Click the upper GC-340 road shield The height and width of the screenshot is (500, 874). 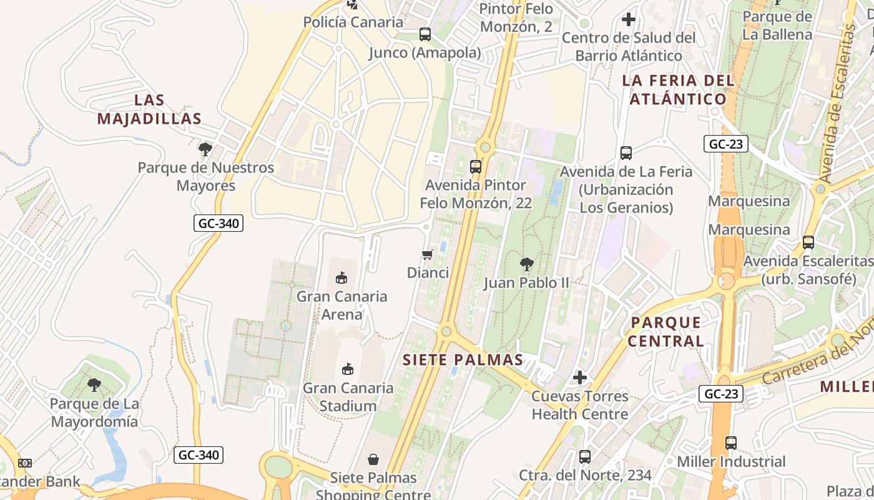tap(218, 223)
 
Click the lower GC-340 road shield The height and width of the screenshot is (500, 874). tap(199, 455)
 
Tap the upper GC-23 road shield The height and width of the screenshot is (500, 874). tap(725, 144)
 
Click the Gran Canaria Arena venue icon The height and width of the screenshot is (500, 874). tap(341, 277)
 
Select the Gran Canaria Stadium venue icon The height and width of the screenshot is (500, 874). tap(348, 369)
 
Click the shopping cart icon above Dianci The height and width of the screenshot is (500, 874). tap(427, 254)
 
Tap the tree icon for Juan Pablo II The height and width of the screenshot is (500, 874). tap(526, 264)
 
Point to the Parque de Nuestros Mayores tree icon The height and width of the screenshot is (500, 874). tap(205, 149)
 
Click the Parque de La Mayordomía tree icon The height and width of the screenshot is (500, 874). tap(94, 385)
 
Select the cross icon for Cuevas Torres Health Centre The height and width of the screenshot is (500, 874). tap(579, 377)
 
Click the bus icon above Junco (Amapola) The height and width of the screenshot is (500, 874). tap(425, 34)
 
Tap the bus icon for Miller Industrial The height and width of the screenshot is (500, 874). tap(730, 443)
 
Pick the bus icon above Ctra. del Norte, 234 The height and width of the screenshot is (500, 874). tap(584, 457)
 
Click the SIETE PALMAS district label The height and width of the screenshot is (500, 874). tap(463, 360)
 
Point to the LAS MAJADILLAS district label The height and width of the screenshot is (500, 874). tap(149, 109)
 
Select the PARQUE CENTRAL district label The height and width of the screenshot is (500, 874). tap(665, 332)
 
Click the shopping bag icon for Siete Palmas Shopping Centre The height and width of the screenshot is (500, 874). tap(373, 460)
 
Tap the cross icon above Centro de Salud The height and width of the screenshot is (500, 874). tap(628, 19)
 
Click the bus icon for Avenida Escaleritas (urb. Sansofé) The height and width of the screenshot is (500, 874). tap(808, 242)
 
